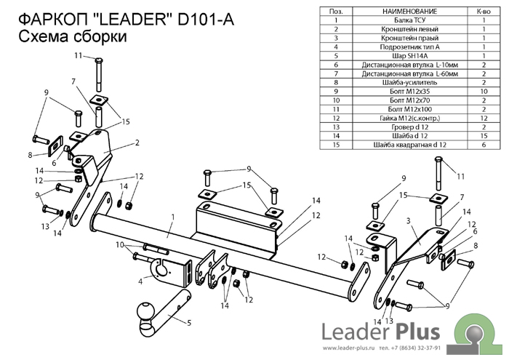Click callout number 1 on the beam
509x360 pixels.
173,217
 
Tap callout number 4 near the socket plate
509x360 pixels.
140,281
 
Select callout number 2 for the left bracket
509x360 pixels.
136,143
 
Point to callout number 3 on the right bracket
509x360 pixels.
409,220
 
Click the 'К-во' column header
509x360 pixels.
483,12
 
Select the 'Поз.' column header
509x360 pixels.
335,12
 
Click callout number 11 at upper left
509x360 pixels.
78,55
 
